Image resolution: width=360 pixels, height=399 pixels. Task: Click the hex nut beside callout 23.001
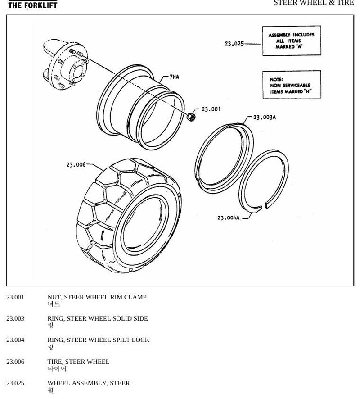[x=191, y=117]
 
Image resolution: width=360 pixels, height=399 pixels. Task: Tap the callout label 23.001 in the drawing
[x=211, y=109]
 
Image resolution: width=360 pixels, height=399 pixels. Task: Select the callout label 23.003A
[x=265, y=117]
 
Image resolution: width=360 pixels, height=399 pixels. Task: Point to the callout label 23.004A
[x=228, y=218]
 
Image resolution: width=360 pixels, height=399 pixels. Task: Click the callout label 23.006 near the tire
[x=76, y=165]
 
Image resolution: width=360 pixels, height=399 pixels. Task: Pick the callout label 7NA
[x=175, y=77]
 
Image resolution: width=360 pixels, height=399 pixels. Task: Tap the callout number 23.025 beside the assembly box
[x=234, y=44]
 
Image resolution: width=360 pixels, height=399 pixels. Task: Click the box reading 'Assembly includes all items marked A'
[x=292, y=41]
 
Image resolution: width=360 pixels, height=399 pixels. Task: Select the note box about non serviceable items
[x=292, y=85]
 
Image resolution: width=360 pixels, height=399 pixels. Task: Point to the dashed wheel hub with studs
[x=65, y=64]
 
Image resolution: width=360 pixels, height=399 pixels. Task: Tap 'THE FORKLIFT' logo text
[x=33, y=5]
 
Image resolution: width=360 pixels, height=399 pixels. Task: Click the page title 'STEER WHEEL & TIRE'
[x=314, y=3]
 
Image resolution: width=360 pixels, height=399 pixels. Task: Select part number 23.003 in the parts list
[x=15, y=318]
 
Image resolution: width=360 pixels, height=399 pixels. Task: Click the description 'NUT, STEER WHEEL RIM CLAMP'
[x=97, y=297]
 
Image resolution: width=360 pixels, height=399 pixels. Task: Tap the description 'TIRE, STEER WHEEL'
[x=78, y=362]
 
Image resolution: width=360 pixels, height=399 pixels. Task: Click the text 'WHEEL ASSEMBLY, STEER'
[x=89, y=383]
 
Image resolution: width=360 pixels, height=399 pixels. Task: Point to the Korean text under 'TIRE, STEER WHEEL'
[x=57, y=369]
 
